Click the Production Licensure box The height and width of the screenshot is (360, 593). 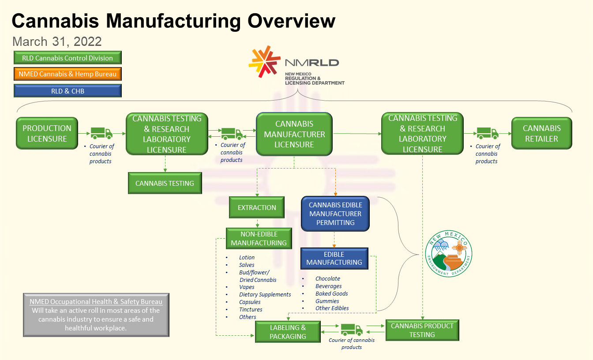[x=47, y=133]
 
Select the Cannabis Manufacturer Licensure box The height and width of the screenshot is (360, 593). [x=294, y=134]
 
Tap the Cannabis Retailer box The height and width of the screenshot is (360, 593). [x=541, y=133]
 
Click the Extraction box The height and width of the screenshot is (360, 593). [x=257, y=207]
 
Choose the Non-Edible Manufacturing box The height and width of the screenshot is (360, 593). [x=259, y=238]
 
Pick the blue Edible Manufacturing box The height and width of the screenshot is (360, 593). [x=334, y=258]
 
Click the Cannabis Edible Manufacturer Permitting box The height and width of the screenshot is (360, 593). [x=335, y=214]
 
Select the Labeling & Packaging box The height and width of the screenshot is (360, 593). [x=288, y=332]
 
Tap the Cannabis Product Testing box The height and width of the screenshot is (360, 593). [x=422, y=330]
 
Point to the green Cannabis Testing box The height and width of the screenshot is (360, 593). [x=165, y=183]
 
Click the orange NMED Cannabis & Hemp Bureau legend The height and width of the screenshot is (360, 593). [x=68, y=74]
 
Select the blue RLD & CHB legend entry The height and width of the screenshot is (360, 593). [x=68, y=91]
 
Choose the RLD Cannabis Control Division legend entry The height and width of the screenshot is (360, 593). [x=68, y=58]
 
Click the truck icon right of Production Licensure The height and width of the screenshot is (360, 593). [x=101, y=133]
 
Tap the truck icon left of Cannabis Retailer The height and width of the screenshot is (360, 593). [x=487, y=133]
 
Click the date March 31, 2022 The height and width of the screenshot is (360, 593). [x=57, y=41]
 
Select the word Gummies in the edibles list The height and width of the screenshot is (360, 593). [x=327, y=301]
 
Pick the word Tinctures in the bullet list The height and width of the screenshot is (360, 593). [x=251, y=309]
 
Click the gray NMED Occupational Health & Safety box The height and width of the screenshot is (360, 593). [x=96, y=315]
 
